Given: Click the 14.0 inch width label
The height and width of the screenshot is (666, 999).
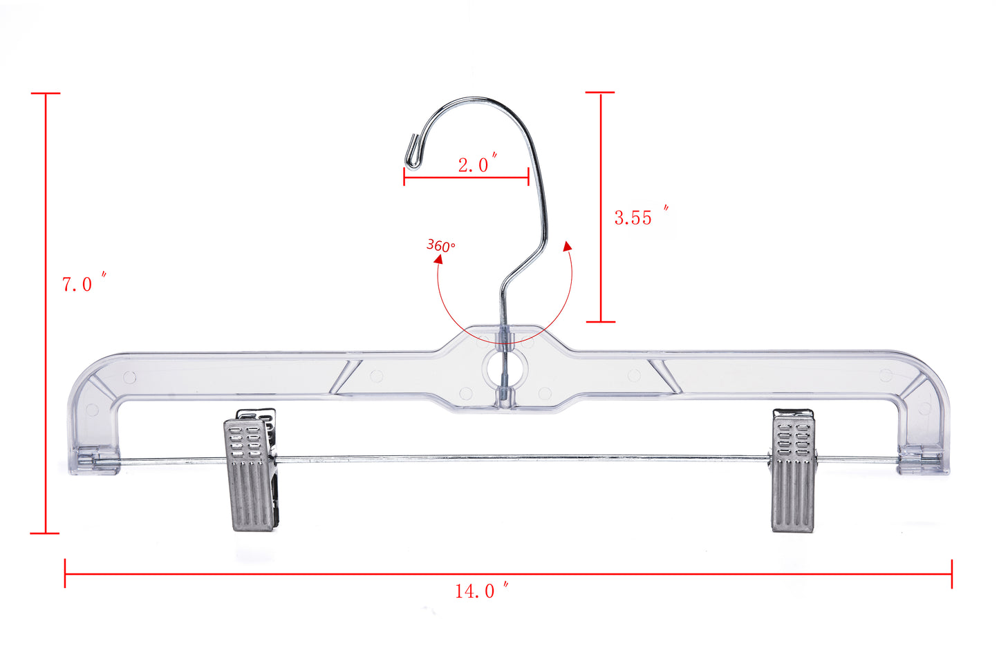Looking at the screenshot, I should (481, 591).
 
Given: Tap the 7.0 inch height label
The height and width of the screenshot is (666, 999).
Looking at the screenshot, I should (84, 283).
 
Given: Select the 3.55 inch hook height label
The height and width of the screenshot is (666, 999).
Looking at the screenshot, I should (640, 217).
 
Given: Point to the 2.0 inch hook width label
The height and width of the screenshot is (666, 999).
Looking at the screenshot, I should (476, 164).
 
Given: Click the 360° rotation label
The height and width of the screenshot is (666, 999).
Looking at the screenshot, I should (440, 245).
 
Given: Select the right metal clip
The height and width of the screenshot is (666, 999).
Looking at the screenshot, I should (793, 470).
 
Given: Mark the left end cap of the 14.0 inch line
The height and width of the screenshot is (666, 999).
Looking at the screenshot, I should (65, 573).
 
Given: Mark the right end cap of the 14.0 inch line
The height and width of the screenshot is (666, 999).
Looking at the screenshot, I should (951, 573).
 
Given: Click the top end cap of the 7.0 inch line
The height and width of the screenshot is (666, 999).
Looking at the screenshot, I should (46, 93).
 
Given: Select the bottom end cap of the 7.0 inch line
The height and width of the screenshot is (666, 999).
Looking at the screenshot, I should (46, 533).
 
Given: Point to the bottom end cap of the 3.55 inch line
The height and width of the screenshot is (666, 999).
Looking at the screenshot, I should (600, 321).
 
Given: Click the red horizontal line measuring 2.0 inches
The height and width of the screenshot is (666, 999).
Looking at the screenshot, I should (466, 178).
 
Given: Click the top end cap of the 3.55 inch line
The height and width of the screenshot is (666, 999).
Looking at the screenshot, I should (600, 92).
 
